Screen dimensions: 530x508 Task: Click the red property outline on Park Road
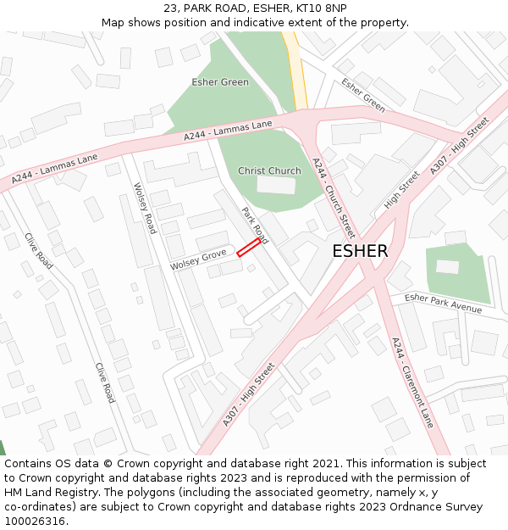(248, 248)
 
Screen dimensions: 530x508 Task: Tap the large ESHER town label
(360, 251)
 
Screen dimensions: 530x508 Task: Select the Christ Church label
(269, 170)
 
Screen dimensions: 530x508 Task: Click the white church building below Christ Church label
(277, 185)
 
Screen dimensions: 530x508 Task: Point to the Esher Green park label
(220, 82)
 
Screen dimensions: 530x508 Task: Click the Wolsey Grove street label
(198, 260)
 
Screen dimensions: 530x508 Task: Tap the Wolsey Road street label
(145, 208)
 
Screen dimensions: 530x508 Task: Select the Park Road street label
(254, 226)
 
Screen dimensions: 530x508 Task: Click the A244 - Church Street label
(334, 197)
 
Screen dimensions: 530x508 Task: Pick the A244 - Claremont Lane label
(412, 382)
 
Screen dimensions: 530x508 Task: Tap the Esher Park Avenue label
(443, 303)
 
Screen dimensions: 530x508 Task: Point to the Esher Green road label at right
(363, 95)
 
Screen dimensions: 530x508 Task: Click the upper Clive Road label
(39, 251)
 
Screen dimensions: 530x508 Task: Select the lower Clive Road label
(105, 382)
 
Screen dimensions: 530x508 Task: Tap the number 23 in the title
(170, 8)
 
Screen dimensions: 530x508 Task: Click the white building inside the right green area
(447, 266)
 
